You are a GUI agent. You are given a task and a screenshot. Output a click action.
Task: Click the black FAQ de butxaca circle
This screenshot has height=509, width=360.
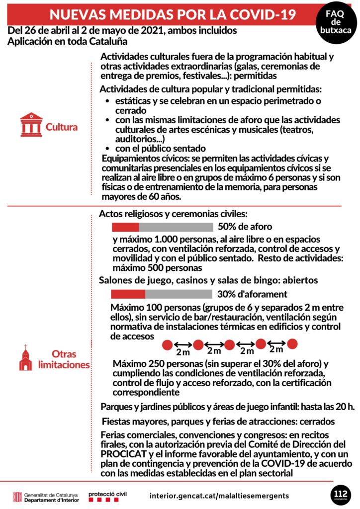(336, 22)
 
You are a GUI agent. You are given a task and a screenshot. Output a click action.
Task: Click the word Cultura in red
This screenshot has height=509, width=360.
(62, 127)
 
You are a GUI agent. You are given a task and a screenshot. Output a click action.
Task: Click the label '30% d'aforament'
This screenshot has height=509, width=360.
(252, 294)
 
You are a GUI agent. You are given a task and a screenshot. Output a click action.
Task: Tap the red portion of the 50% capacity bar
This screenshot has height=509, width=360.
(125, 227)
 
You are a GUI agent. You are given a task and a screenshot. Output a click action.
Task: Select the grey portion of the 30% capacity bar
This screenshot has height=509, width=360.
(179, 294)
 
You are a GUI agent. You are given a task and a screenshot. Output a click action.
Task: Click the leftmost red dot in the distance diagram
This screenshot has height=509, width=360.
(167, 344)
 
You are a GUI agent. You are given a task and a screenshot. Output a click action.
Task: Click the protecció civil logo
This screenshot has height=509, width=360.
(108, 496)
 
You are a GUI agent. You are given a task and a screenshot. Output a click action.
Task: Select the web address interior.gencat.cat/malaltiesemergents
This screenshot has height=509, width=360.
(219, 496)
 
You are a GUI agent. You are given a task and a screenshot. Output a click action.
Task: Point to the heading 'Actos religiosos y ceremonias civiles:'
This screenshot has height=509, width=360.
(173, 214)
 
